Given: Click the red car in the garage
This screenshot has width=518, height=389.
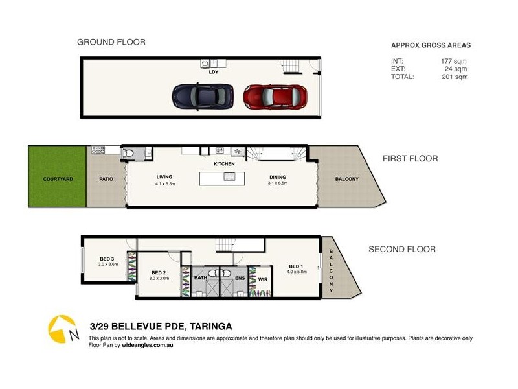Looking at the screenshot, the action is [275, 97].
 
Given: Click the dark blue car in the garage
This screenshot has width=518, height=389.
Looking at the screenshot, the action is [203, 96].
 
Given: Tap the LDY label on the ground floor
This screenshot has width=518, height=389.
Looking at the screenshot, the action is [214, 72].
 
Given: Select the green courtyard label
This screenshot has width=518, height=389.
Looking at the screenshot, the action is [58, 179].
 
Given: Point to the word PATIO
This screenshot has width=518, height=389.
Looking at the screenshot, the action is [106, 179].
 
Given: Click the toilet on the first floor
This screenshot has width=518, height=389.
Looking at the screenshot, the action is [128, 154].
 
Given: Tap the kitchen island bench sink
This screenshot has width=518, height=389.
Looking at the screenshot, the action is [229, 176].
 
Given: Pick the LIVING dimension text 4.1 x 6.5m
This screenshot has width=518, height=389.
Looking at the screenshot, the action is [165, 183].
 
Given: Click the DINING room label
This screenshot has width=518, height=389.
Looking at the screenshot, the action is [278, 177].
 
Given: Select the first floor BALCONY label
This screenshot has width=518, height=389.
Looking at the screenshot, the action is [346, 179].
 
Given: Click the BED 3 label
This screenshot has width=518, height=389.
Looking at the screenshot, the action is [107, 259].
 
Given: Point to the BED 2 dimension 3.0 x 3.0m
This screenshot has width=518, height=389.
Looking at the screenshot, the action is [159, 279].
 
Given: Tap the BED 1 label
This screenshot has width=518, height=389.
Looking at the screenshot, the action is [296, 266].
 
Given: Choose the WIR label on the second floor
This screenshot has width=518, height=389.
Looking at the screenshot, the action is [263, 280].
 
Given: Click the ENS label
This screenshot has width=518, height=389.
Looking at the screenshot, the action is [240, 278].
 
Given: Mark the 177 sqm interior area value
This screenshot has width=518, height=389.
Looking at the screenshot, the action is [454, 61].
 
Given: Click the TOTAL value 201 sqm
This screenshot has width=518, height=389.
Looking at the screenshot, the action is [455, 77].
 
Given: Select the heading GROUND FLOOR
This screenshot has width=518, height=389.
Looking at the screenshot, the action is [111, 42].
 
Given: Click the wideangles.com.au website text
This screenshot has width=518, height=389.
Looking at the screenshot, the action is [148, 345].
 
